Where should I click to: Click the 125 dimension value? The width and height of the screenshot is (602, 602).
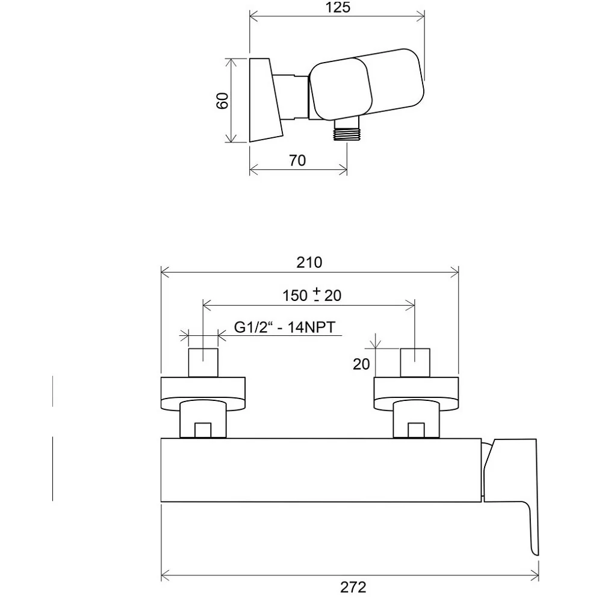click(338, 7)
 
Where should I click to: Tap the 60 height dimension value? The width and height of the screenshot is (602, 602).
click(223, 101)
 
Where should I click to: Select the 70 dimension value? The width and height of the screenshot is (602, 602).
click(297, 160)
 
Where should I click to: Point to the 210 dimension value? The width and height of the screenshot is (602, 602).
click(309, 262)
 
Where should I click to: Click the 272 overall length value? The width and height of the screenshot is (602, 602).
click(353, 587)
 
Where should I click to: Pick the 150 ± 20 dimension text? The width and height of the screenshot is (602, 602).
click(312, 295)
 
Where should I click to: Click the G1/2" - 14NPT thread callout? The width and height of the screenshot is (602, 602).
click(285, 327)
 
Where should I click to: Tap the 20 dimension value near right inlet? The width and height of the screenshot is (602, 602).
click(361, 364)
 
